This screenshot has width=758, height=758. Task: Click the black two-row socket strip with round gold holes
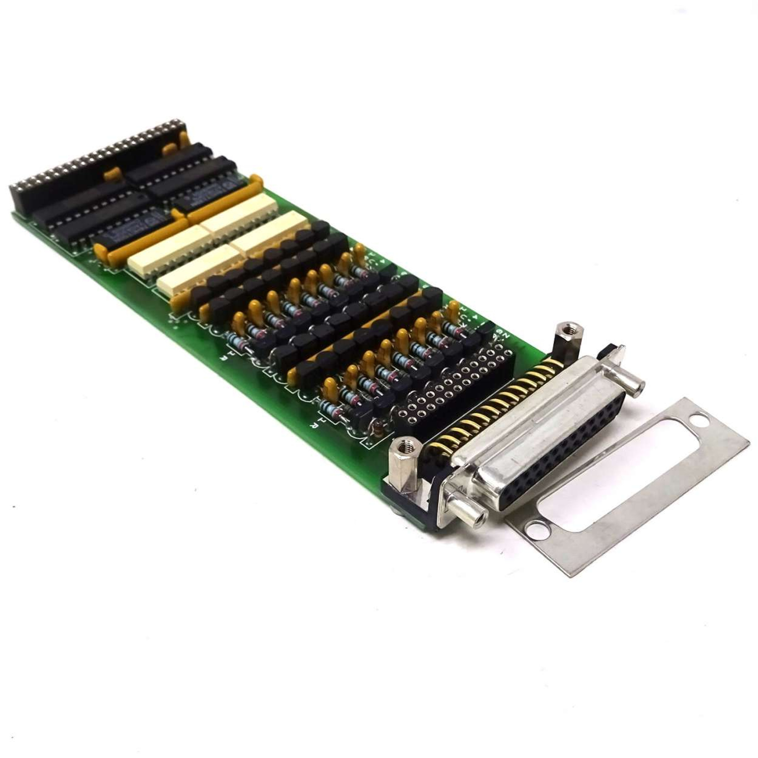(451, 385)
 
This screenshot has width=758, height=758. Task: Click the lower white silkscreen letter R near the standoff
(314, 426)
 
